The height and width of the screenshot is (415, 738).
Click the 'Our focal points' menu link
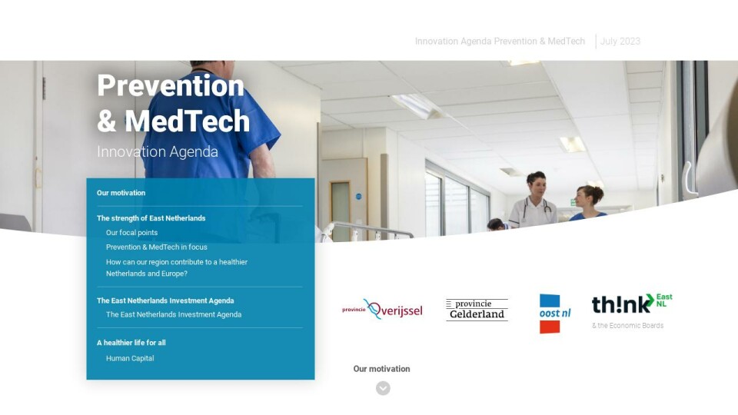pos(131,232)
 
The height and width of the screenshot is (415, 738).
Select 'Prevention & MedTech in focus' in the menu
pos(156,247)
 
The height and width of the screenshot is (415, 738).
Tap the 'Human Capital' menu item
pos(130,358)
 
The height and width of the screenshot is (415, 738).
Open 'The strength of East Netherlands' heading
pos(151,218)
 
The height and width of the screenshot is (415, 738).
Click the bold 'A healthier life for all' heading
pos(131,343)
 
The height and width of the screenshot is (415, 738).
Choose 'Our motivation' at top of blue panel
pos(121,193)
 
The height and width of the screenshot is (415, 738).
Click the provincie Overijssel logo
pos(382,309)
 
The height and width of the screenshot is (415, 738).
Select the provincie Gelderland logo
pos(477,310)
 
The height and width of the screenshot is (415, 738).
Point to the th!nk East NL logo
pos(632,304)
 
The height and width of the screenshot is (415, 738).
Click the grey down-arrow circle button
pos(383,388)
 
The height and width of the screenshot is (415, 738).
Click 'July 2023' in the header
pos(620,41)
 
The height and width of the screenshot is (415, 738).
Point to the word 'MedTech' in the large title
pos(188,121)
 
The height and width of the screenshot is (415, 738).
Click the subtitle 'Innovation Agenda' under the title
pos(158,152)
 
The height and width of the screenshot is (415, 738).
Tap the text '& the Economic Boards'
pos(628,326)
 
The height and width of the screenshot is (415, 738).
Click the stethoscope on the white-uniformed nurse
pos(535,209)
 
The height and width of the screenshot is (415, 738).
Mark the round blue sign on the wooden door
pos(359,197)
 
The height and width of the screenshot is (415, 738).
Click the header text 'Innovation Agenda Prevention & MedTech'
pos(500,41)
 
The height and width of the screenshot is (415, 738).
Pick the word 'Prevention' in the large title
pos(171,85)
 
